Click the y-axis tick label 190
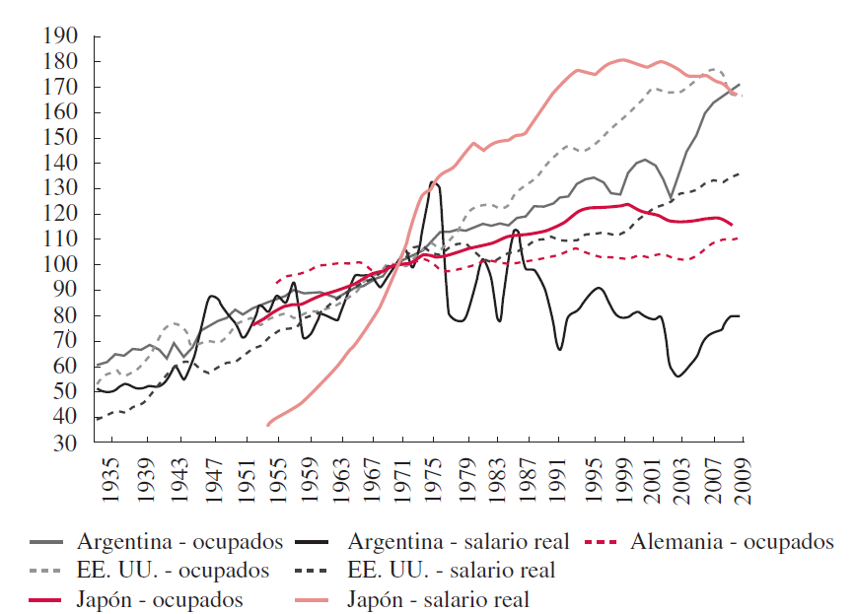60,36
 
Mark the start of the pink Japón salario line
267,425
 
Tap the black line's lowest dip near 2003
678,375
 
